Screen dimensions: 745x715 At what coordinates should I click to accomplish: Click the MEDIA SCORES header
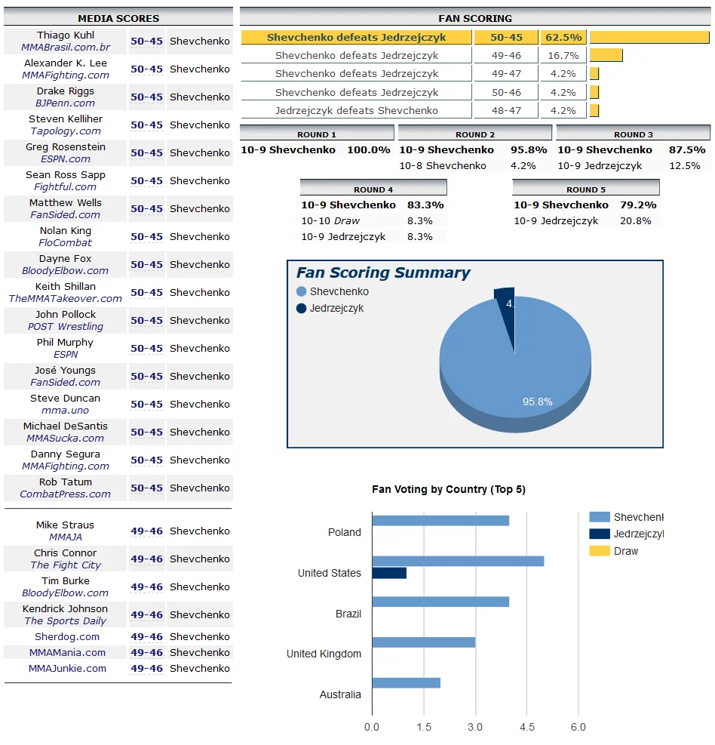tap(118, 18)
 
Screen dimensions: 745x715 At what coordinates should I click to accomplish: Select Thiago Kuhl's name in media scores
tap(66, 35)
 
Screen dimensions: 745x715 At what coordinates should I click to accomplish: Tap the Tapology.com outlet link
tap(66, 131)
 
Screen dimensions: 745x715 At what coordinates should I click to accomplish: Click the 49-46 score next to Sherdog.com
tap(146, 636)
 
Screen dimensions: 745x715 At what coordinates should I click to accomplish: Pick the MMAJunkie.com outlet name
tap(67, 668)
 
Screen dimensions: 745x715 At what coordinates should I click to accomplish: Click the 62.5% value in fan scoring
tap(563, 37)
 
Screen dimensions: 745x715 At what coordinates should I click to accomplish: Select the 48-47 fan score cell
tap(506, 110)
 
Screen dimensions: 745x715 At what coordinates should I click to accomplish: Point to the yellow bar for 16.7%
tap(606, 55)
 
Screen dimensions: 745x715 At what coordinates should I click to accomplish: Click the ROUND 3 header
tap(634, 134)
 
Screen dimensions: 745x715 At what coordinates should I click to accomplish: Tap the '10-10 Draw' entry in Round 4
tap(330, 221)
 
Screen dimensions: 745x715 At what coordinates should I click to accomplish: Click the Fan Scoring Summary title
tap(382, 273)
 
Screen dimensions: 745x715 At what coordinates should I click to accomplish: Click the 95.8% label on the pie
tap(537, 402)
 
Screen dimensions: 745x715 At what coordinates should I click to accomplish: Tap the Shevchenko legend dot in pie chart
tap(302, 291)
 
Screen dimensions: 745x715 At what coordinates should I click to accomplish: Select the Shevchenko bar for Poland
tap(440, 520)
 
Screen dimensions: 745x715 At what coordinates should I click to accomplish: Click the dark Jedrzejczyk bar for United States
tap(389, 573)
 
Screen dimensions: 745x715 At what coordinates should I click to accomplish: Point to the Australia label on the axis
tap(340, 694)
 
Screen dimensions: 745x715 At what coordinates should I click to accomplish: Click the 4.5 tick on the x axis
tap(527, 727)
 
